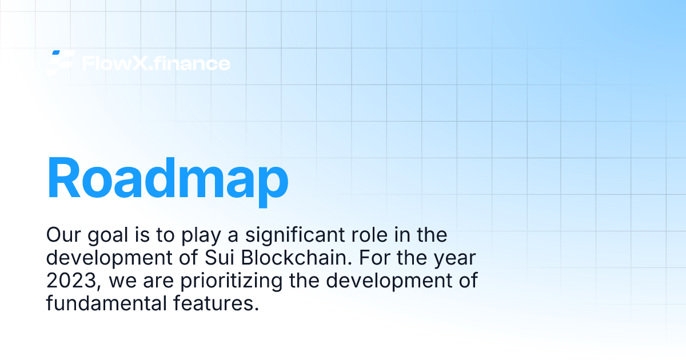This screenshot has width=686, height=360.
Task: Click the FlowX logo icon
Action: tap(61, 62)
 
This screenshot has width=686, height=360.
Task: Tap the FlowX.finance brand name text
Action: tap(156, 63)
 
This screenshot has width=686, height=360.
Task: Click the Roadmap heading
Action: tap(167, 181)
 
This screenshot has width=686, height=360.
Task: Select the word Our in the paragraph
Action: tap(63, 235)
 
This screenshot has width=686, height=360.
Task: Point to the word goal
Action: tap(108, 235)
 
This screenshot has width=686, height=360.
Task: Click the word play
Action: tap(201, 235)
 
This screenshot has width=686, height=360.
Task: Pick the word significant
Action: tap(294, 235)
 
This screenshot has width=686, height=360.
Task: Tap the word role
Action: tap(369, 235)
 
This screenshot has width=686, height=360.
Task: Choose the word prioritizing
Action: tap(231, 282)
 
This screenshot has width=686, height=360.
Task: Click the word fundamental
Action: tap(106, 303)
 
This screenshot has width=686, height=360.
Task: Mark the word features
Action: tap(216, 303)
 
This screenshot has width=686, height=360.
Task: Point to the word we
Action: tap(122, 282)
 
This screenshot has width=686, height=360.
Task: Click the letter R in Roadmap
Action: tap(63, 178)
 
